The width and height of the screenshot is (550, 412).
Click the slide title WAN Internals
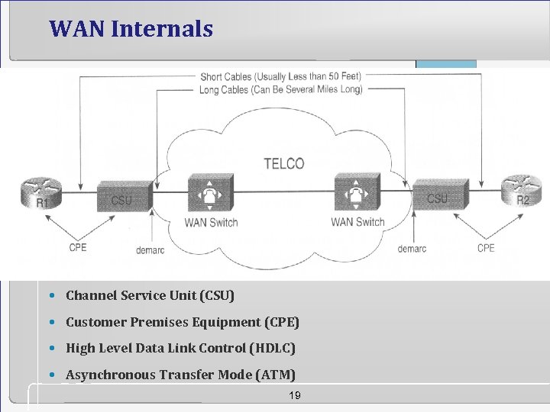tap(131, 29)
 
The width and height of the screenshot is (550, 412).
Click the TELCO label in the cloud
tap(283, 163)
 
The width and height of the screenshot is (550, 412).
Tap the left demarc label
tap(150, 249)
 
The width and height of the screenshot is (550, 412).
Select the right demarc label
tap(413, 249)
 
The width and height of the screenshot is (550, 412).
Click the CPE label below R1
tap(78, 248)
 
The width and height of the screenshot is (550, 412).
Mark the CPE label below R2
tap(486, 248)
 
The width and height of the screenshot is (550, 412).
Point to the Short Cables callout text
tap(280, 76)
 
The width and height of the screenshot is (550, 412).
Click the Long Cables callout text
tap(280, 89)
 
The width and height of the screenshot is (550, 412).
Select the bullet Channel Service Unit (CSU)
tap(150, 295)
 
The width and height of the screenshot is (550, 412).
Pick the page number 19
tap(294, 395)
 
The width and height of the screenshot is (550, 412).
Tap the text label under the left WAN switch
tap(211, 223)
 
